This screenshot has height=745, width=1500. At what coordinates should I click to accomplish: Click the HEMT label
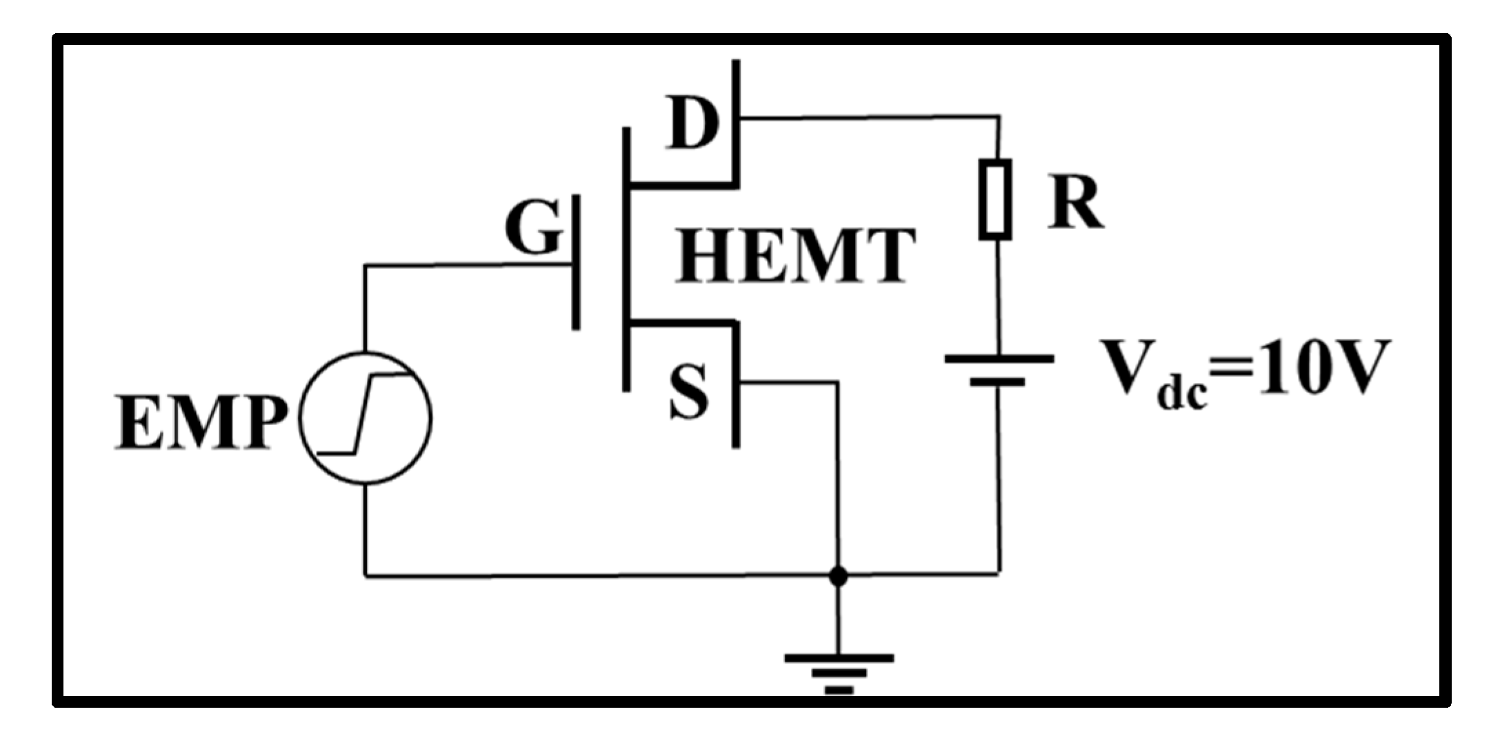point(795,257)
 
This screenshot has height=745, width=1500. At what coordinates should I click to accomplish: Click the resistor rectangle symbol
point(996,199)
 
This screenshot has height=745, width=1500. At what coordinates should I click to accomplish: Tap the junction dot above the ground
point(838,575)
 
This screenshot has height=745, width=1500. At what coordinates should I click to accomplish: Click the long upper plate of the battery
point(999,359)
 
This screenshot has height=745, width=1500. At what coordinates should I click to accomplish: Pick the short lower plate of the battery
point(997,381)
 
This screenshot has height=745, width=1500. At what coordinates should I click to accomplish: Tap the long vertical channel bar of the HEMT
point(626,259)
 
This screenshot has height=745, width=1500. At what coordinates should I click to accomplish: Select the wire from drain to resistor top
point(869,118)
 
